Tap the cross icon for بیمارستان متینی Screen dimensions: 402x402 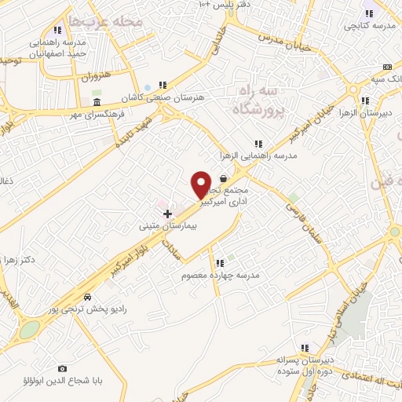167,213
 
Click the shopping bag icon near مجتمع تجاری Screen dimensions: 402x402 224,178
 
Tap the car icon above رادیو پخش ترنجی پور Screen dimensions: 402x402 86,298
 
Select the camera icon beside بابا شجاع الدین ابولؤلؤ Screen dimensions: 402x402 63,368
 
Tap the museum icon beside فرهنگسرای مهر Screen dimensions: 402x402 97,103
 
